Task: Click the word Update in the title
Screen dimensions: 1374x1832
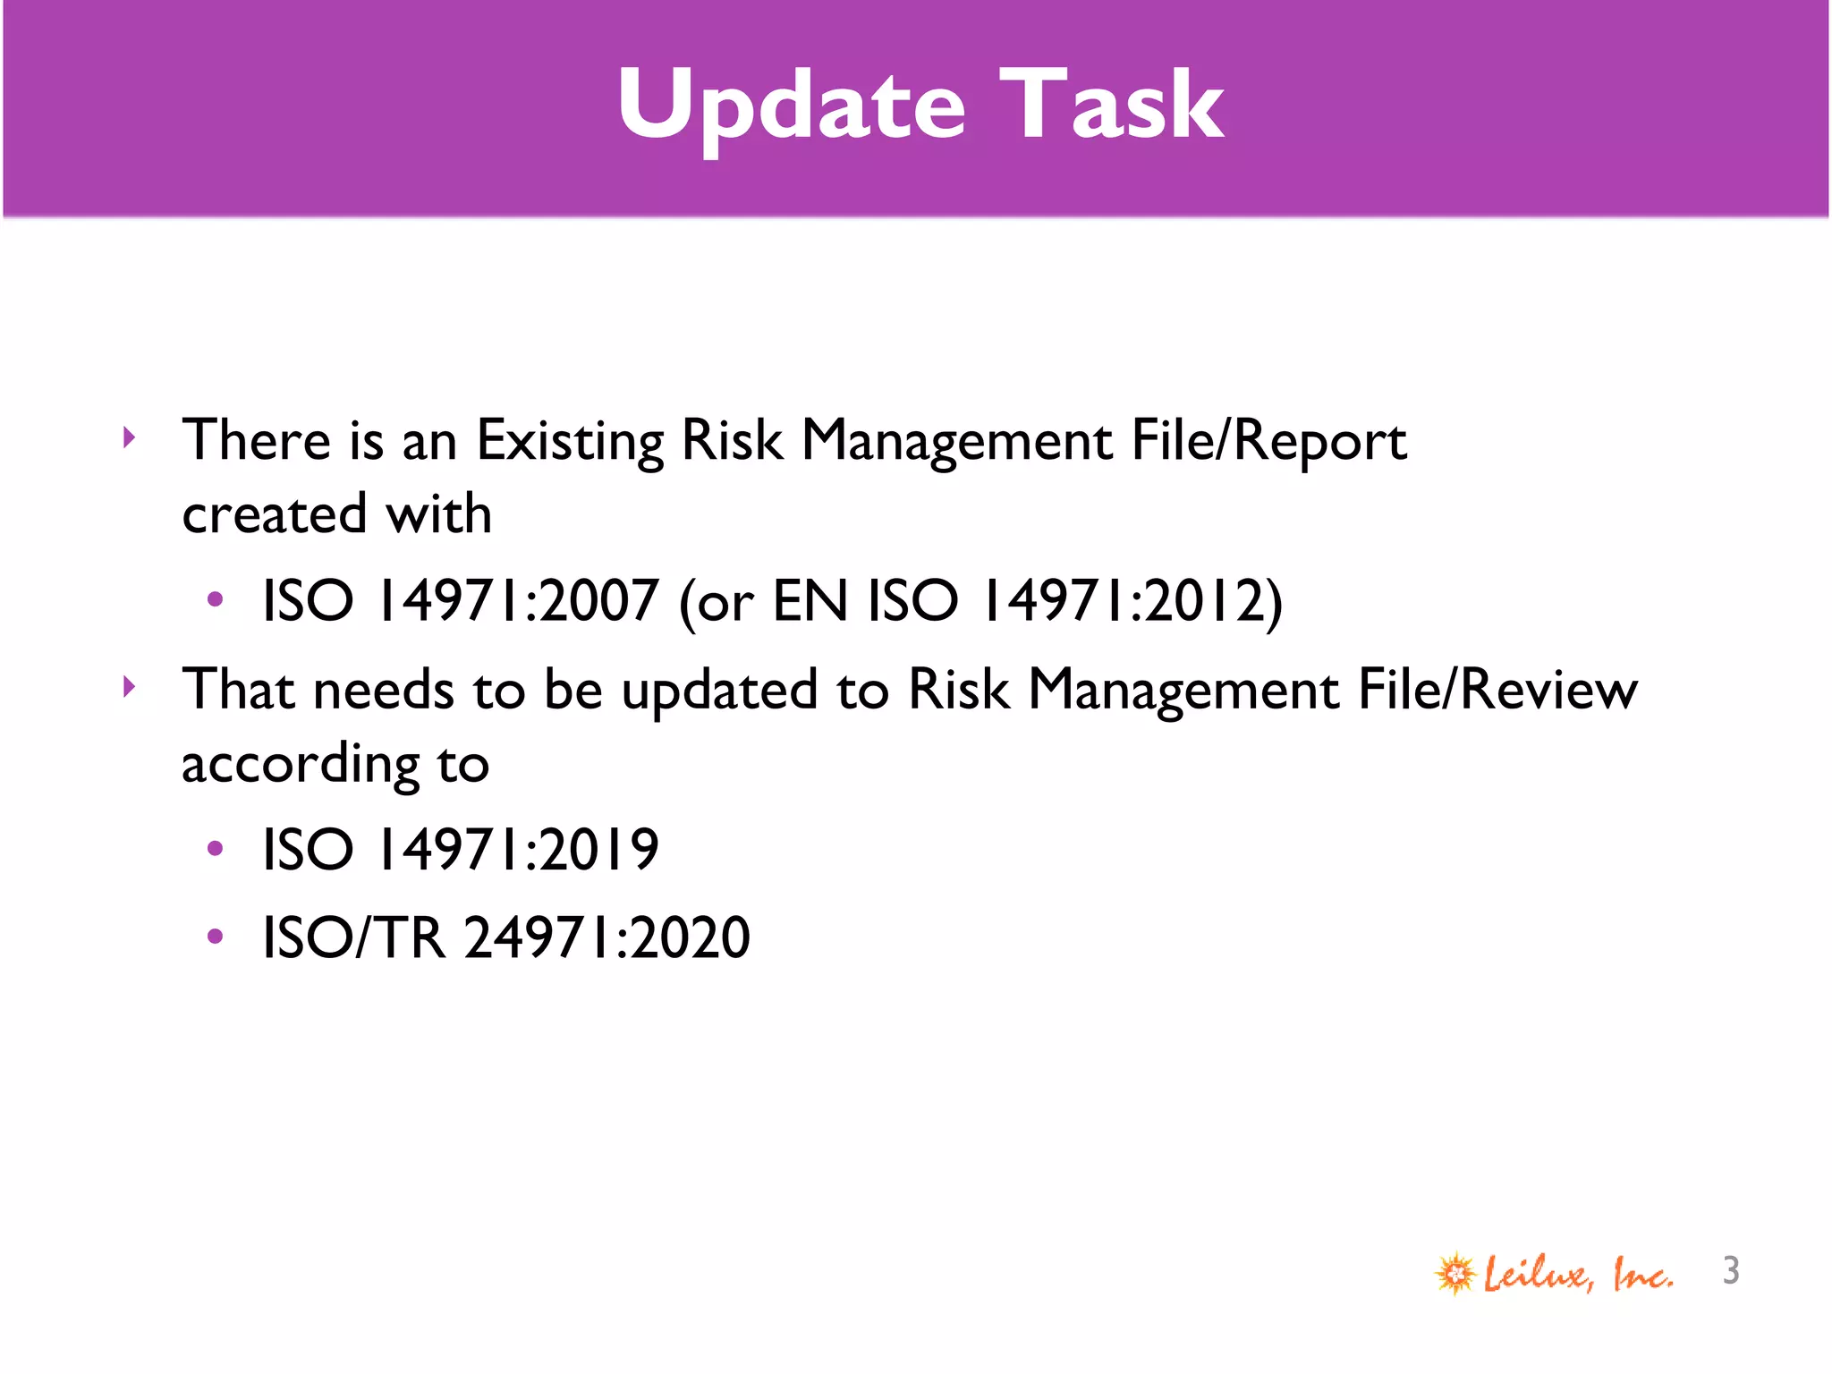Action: coord(792,106)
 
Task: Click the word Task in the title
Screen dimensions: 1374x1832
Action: coord(1111,106)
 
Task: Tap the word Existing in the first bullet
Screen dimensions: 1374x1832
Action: coord(570,440)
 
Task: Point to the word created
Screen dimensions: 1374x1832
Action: coord(275,514)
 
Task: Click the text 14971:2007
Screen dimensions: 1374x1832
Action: coord(518,600)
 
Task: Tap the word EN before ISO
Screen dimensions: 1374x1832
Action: coord(810,600)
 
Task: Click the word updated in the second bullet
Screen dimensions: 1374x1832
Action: coord(719,691)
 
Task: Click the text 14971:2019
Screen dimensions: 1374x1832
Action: coord(518,849)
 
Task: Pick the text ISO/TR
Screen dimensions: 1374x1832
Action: coord(353,937)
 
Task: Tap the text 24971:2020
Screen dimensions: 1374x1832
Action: coord(607,937)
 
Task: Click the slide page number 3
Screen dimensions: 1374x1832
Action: coord(1731,1270)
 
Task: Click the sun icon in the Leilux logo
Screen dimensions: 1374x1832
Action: coord(1455,1273)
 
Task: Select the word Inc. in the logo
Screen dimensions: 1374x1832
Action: coord(1642,1274)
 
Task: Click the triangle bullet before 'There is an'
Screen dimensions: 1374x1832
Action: coord(130,437)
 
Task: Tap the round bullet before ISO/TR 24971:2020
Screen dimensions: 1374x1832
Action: coord(215,937)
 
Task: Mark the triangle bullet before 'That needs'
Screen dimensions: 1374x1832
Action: coord(130,687)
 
